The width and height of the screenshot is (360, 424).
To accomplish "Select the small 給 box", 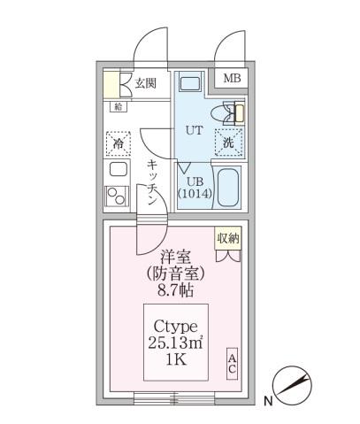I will (x=119, y=106).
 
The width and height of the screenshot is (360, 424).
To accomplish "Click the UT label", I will (x=194, y=129).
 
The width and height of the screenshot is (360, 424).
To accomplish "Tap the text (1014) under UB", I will (x=193, y=193).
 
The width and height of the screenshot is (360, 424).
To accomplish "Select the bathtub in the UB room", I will (x=229, y=186).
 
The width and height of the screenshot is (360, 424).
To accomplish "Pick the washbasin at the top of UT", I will (x=190, y=85).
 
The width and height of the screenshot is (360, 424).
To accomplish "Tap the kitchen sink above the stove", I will (x=119, y=169).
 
